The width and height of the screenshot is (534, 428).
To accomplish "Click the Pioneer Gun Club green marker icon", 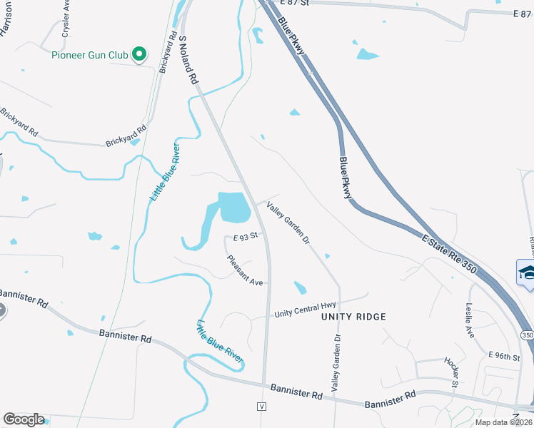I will [x=140, y=54].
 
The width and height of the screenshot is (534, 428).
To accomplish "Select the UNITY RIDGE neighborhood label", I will [x=353, y=317].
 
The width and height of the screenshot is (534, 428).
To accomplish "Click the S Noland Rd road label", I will [x=188, y=60].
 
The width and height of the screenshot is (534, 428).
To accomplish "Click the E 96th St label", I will [x=504, y=355].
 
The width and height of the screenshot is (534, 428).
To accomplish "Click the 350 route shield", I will [x=526, y=335].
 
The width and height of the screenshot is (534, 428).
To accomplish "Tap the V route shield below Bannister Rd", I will [x=262, y=406].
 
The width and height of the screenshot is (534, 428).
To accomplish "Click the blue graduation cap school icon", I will [x=528, y=272].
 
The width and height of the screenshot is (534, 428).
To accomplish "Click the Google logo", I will [x=24, y=419].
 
